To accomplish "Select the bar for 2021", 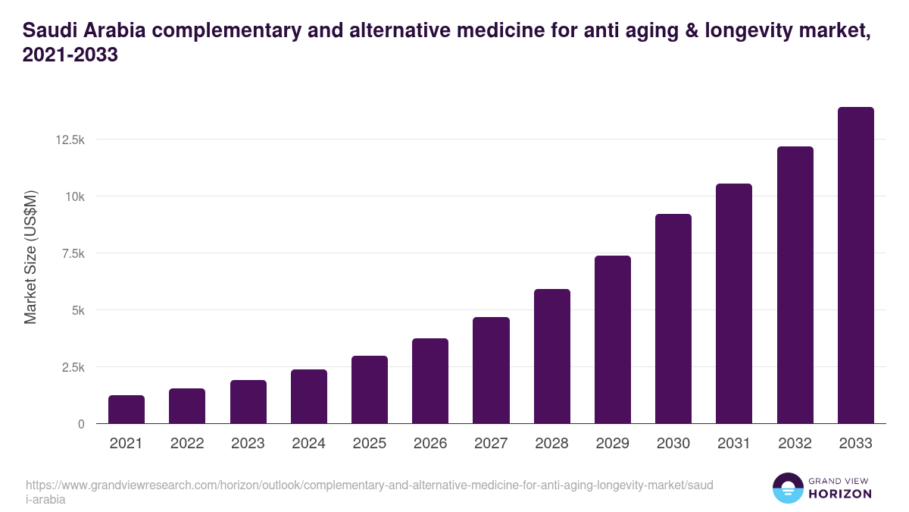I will [127, 410].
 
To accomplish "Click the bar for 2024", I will [308, 397].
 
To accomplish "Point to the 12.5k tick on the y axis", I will [69, 140].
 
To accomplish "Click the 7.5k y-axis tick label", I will [72, 253].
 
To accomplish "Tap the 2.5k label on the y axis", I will [72, 367].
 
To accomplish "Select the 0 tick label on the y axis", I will [80, 424].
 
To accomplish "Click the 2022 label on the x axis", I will [187, 444].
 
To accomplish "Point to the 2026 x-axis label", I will [430, 444].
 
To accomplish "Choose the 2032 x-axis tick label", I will [795, 444].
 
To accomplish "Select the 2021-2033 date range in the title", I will [70, 55].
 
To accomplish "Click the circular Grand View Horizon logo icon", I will [787, 488].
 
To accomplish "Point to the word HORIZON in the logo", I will [841, 494].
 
